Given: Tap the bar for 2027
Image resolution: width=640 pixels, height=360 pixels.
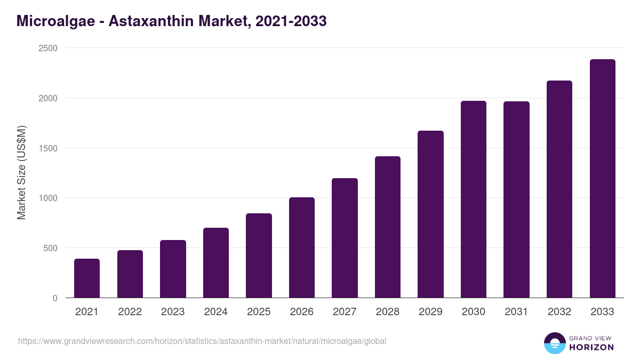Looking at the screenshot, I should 345,238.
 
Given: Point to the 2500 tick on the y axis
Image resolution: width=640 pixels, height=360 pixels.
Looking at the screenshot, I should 47,48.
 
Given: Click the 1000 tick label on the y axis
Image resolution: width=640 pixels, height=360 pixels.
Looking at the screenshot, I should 47,198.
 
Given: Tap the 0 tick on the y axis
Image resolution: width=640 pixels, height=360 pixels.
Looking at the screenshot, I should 55,298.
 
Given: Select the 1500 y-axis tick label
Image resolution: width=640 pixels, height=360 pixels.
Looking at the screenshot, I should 47,148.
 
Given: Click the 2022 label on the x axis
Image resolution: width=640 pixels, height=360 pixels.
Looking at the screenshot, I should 130,312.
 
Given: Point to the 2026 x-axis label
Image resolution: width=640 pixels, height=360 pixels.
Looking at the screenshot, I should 302,312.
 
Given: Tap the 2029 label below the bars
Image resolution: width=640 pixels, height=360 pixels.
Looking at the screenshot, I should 430,312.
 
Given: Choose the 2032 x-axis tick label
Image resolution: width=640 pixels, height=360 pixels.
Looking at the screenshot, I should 559,312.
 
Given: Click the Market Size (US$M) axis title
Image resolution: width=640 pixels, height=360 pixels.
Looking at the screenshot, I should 21,173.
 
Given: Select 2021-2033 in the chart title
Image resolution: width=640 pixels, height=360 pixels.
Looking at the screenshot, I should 291,21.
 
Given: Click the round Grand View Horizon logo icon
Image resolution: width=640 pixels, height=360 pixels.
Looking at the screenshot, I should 554,343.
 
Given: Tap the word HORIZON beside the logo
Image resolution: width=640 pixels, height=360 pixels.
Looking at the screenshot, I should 591,347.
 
